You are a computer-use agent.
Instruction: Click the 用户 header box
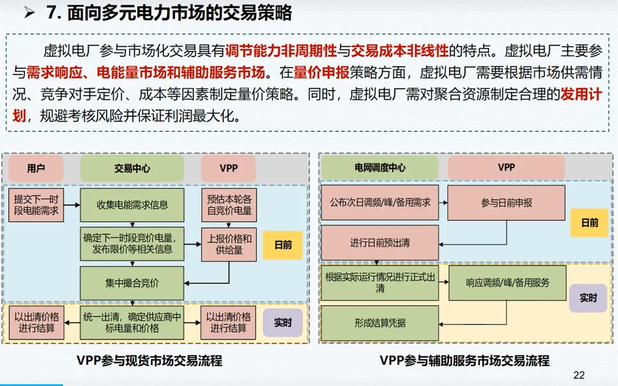[36, 169]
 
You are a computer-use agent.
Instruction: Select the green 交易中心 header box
[132, 169]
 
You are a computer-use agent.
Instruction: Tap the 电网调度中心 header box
[380, 168]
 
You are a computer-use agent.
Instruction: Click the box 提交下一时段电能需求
[37, 204]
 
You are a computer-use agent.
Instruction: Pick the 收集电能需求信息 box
[132, 204]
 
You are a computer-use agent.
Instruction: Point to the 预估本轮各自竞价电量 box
[230, 204]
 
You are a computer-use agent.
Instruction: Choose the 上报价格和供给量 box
[230, 244]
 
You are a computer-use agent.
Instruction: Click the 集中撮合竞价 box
[132, 283]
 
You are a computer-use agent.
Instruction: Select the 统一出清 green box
[132, 322]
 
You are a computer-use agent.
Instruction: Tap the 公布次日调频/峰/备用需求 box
[380, 203]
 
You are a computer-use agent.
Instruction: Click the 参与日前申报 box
[506, 203]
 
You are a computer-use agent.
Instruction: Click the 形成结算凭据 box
[380, 323]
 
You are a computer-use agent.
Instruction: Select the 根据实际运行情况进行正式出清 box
[380, 283]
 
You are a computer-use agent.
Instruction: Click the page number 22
[579, 375]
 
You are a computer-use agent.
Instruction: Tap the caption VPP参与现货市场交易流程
[150, 360]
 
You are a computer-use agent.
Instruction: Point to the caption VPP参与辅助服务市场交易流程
[464, 360]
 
